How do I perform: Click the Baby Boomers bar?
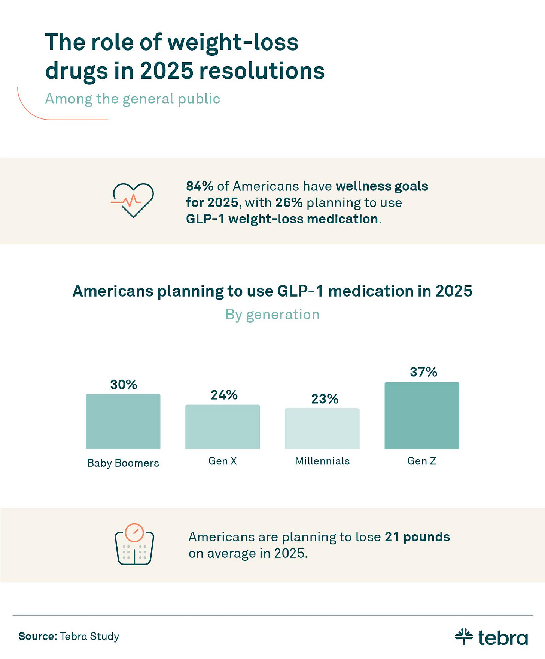coord(123,422)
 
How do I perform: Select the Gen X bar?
coord(222,427)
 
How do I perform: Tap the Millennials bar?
coord(322,429)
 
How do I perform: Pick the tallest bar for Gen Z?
coord(421,416)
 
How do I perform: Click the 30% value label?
coord(124,385)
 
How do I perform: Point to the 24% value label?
coord(224,395)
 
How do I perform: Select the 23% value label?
coord(325,399)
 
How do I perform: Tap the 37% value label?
coord(423,372)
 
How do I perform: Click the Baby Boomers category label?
coord(123,463)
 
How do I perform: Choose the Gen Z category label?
coord(422,461)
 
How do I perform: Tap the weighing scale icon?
coord(134,544)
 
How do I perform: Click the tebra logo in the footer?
coord(491,637)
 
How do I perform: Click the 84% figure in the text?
coord(200,186)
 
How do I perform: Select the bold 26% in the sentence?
coord(289,202)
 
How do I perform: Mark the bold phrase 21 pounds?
coord(417,537)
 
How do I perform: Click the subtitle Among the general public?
coord(133,99)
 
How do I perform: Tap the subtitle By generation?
coord(272,315)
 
